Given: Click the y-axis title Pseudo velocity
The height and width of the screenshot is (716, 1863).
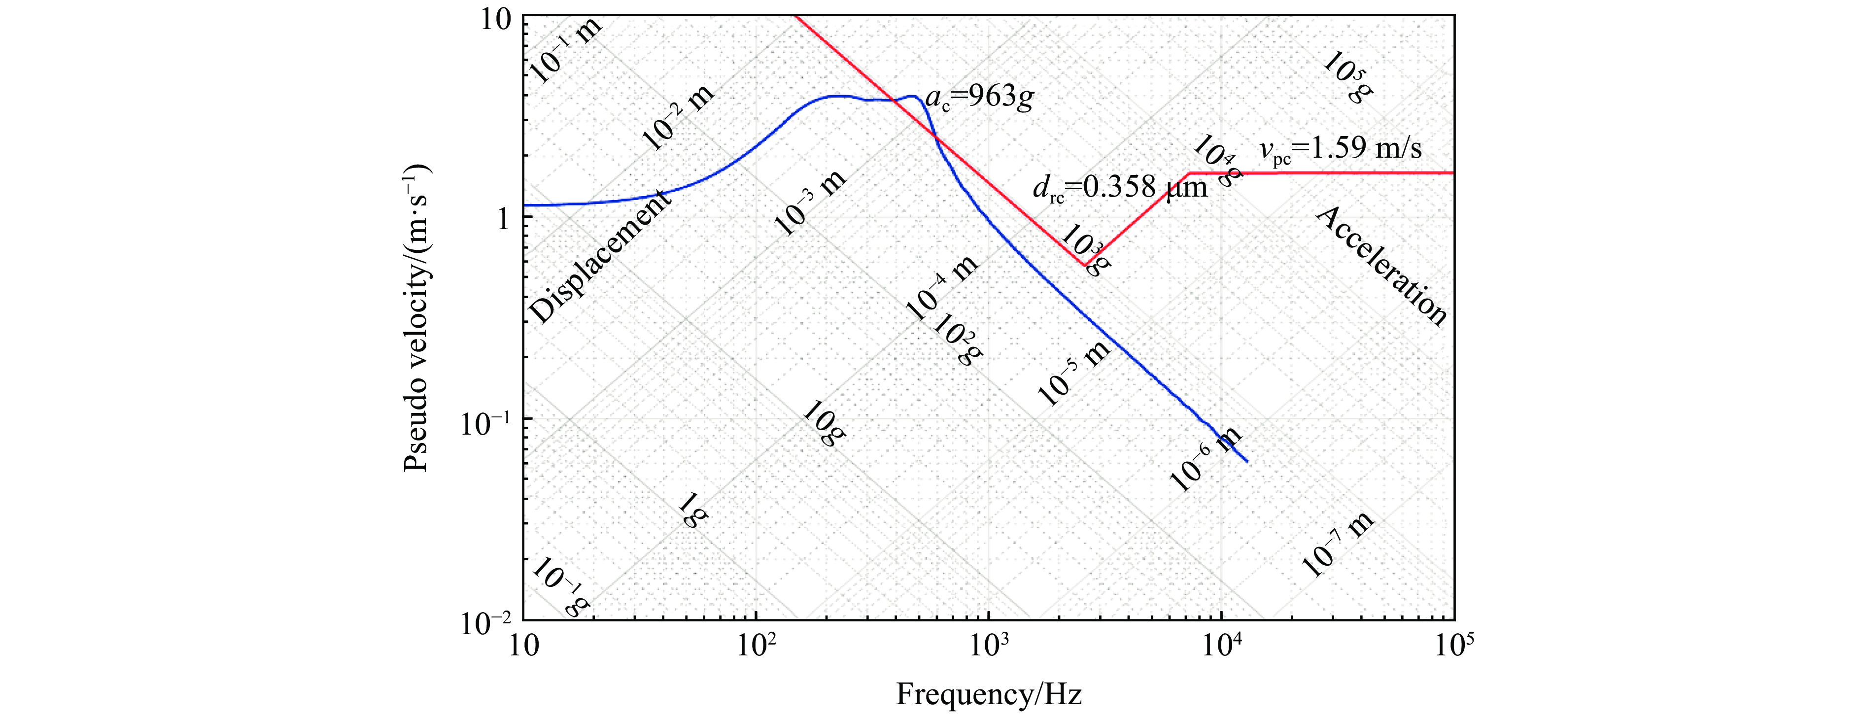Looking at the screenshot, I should [x=417, y=318].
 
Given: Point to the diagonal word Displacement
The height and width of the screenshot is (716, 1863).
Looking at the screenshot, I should [x=600, y=260].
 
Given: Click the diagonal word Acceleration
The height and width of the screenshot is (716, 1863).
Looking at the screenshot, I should [x=1381, y=266].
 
